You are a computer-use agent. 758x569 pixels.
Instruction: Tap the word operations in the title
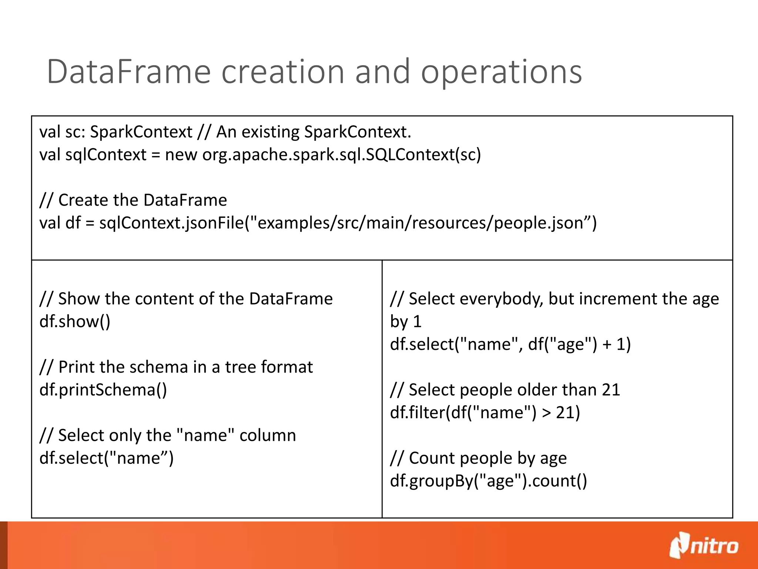(x=502, y=72)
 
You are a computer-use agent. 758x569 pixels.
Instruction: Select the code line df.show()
(x=75, y=321)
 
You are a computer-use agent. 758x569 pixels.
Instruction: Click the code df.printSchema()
(x=103, y=390)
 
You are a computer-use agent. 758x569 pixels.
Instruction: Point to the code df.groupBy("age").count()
(x=489, y=481)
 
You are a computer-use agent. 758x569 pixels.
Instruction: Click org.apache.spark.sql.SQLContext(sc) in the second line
(x=342, y=154)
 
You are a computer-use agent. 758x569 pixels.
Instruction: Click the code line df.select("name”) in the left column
(x=107, y=458)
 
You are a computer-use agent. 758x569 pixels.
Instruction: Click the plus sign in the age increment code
(x=607, y=344)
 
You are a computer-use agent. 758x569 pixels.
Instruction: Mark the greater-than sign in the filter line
(x=546, y=413)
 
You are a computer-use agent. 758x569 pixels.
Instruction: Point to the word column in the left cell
(x=268, y=435)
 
